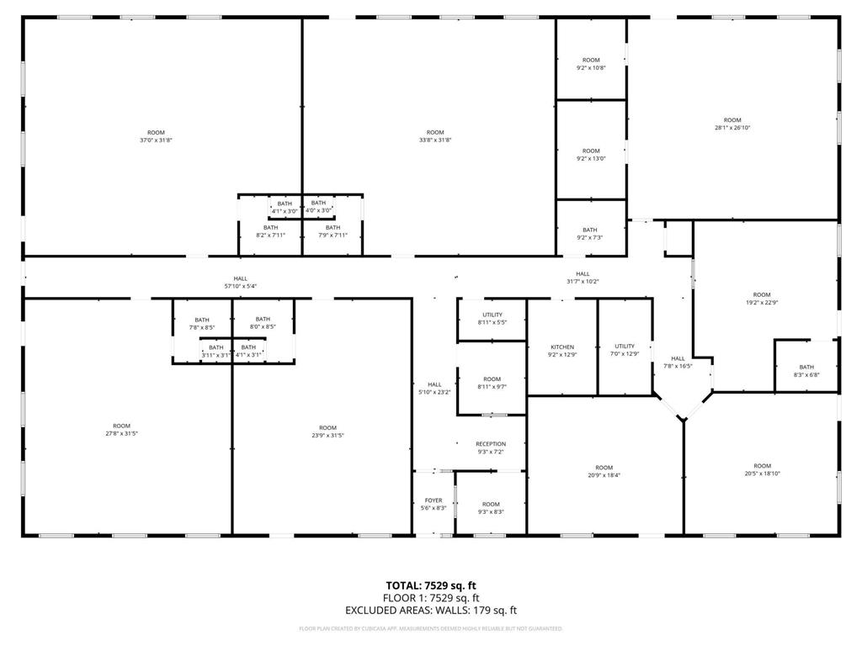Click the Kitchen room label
[x=562, y=351]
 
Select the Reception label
[x=491, y=448]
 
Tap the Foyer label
[x=434, y=505]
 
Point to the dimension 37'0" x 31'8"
[x=156, y=140]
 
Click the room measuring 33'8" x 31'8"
[x=435, y=136]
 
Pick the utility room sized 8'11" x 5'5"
[x=492, y=319]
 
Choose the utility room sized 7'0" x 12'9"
[x=625, y=350]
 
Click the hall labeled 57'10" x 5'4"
[x=241, y=283]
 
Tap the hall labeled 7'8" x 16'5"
[x=678, y=363]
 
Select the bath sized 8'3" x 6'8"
[x=806, y=371]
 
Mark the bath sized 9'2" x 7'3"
[x=590, y=234]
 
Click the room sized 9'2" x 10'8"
[x=591, y=64]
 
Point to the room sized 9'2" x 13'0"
[x=591, y=155]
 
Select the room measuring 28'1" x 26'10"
[x=732, y=124]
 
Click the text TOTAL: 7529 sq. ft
[x=431, y=585]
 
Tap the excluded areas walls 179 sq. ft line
[x=431, y=611]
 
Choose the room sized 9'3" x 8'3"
[x=491, y=508]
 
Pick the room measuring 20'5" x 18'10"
[x=762, y=470]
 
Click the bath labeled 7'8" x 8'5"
[x=202, y=323]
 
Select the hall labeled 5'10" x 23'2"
[x=434, y=389]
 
